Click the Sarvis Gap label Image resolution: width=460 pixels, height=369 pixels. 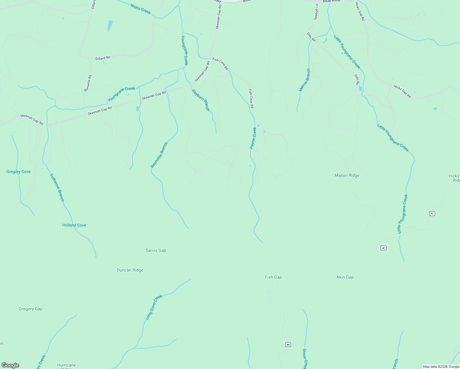pyautogui.click(x=156, y=251)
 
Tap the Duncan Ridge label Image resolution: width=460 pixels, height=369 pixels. pyautogui.click(x=130, y=270)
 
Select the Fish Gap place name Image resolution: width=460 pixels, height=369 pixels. pyautogui.click(x=273, y=277)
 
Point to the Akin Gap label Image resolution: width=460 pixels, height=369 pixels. pyautogui.click(x=345, y=277)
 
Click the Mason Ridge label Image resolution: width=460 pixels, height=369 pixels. pyautogui.click(x=347, y=176)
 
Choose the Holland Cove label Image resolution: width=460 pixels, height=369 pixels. pyautogui.click(x=74, y=225)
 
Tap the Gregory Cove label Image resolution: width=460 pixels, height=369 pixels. pyautogui.click(x=18, y=172)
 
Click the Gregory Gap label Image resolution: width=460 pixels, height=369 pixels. pyautogui.click(x=30, y=309)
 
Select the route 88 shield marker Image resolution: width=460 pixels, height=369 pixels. pyautogui.click(x=288, y=344)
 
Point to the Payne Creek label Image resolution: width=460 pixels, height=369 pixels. pyautogui.click(x=253, y=138)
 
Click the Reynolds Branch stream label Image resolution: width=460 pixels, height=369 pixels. pyautogui.click(x=159, y=155)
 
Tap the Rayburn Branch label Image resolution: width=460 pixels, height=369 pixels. pyautogui.click(x=201, y=100)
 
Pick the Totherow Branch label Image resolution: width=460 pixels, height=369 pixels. pyautogui.click(x=57, y=188)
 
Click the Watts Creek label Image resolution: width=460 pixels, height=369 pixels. pyautogui.click(x=141, y=9)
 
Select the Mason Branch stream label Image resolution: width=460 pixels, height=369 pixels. pyautogui.click(x=305, y=80)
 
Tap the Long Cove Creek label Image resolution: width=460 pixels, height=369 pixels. pyautogui.click(x=154, y=307)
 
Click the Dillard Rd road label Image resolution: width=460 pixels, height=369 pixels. pyautogui.click(x=103, y=58)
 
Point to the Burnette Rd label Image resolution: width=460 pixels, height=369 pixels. pyautogui.click(x=88, y=83)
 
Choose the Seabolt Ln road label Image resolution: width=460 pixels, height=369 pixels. pyautogui.click(x=316, y=12)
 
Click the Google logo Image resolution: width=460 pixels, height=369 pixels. pyautogui.click(x=10, y=365)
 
